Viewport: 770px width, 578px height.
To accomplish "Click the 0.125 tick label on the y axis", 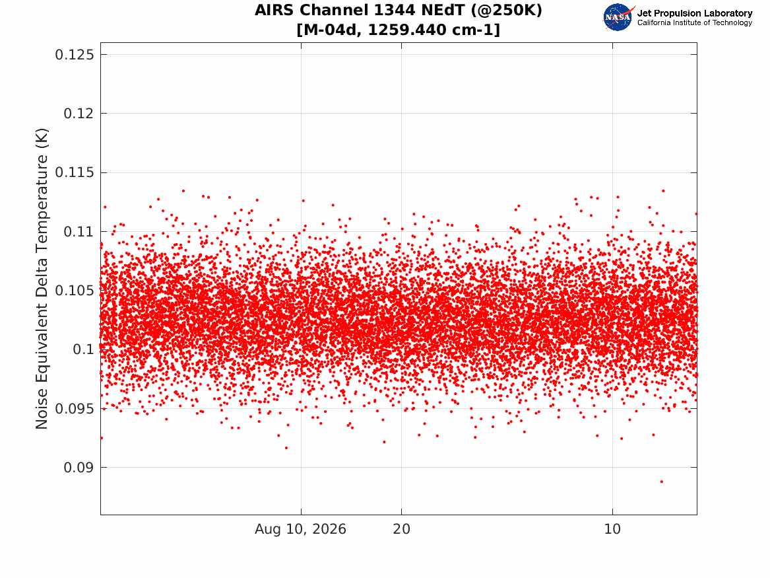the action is click(74, 55).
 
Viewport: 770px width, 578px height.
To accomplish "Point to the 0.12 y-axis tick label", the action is click(79, 114).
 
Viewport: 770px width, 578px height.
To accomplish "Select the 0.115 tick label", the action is click(74, 172).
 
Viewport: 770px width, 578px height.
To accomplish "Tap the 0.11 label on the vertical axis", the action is click(79, 231).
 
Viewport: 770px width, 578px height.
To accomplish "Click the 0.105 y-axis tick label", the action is click(74, 291).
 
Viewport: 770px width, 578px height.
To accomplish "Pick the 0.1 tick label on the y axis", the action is click(83, 349).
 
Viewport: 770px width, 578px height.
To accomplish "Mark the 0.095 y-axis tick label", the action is click(74, 408).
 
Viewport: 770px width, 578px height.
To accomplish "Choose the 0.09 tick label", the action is click(79, 468).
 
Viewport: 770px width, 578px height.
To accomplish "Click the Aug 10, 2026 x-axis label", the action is click(300, 529).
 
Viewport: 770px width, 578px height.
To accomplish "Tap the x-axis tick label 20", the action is click(402, 529).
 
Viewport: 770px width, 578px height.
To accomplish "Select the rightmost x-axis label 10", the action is click(612, 529).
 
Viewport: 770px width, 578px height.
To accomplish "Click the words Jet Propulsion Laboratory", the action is click(695, 13).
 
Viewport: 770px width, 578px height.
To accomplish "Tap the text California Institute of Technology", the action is click(695, 22).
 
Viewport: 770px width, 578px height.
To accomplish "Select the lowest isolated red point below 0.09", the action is click(662, 482).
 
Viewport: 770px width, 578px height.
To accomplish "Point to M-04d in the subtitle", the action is click(333, 30).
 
